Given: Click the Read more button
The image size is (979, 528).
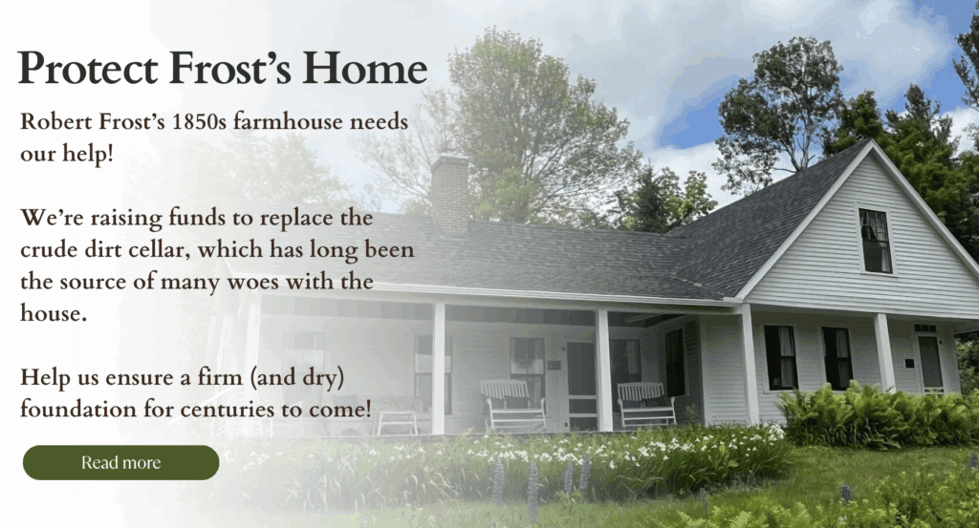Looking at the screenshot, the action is tap(120, 462).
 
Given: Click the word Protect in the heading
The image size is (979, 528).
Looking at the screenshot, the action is tap(87, 68).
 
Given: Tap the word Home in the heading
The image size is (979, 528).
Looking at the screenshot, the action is tap(366, 68).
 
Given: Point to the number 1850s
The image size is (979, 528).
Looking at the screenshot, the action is tap(199, 121).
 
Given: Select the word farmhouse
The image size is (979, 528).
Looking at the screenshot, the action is tap(288, 121).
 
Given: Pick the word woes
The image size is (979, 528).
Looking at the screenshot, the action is tap(252, 282).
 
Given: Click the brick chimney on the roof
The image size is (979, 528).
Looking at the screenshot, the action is tap(450, 193).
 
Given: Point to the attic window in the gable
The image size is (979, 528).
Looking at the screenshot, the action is tap(876, 241).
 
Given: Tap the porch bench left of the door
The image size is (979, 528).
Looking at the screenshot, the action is tap(512, 405).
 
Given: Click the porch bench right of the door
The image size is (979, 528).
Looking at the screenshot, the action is tap(645, 405).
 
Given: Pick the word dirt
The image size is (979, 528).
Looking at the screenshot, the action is tap(99, 249).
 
